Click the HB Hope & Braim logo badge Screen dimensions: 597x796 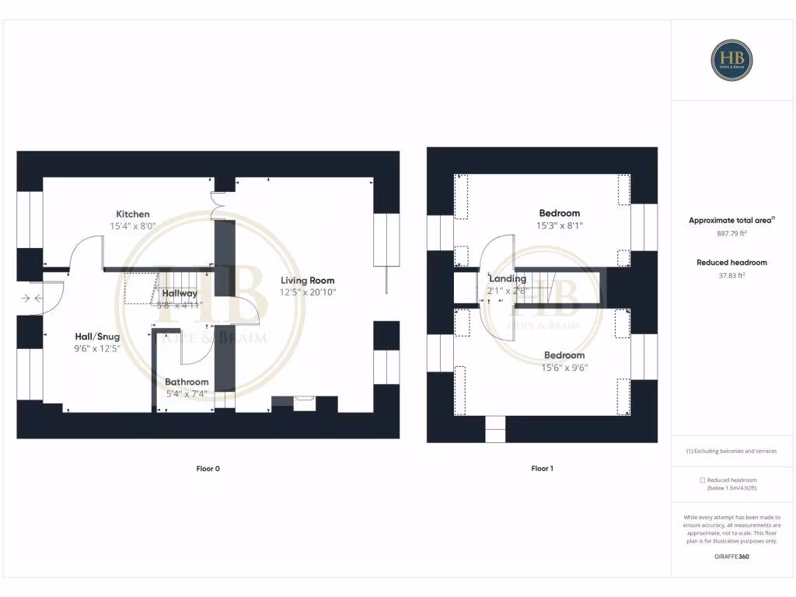point(731,60)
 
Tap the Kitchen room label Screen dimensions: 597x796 point(133,214)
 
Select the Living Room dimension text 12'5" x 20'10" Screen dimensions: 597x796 point(307,292)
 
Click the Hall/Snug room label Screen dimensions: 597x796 point(97,336)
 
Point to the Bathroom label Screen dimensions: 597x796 point(187,382)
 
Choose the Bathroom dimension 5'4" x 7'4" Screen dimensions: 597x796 point(187,393)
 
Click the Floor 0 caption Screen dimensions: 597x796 point(208,469)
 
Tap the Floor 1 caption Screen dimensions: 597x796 point(542,469)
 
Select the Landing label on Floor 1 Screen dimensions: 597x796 point(507,278)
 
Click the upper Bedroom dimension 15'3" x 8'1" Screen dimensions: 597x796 point(560,225)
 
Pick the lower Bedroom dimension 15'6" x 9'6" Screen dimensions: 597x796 point(564,368)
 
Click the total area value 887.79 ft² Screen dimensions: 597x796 point(731,232)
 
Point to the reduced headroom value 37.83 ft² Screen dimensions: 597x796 point(731,274)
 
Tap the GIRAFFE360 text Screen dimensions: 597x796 point(731,557)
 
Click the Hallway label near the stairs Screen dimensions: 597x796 point(180,293)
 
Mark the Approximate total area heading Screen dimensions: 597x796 point(731,221)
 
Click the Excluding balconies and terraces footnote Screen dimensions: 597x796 point(731,451)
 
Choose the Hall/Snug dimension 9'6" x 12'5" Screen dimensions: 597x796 point(97,348)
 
